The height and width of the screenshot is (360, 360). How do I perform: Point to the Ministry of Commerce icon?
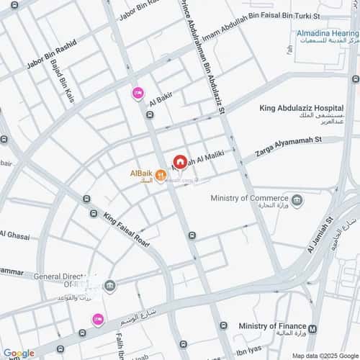(x=297, y=199)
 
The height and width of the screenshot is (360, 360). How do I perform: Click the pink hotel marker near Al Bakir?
(x=138, y=92)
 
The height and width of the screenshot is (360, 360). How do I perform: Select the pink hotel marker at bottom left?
(x=97, y=319)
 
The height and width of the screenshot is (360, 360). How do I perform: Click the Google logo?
(x=19, y=353)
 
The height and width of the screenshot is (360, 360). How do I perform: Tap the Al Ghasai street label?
(x=14, y=235)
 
